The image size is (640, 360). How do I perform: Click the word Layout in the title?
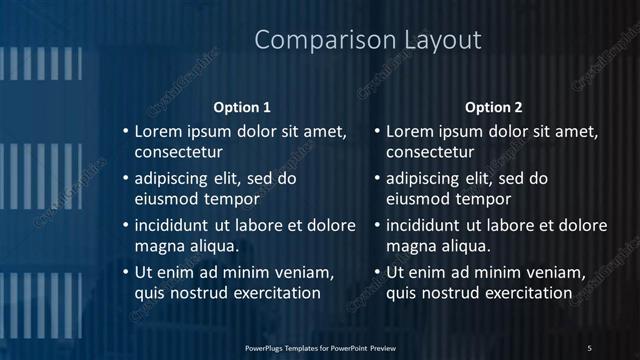tap(436, 41)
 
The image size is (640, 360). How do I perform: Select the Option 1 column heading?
tap(242, 107)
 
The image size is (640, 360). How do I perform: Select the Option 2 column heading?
tap(494, 107)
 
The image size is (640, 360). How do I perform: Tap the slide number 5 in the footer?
tap(590, 347)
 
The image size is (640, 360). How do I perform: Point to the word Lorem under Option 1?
tap(159, 131)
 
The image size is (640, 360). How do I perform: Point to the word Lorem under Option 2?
tap(410, 131)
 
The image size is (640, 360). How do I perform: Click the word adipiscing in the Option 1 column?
tap(176, 179)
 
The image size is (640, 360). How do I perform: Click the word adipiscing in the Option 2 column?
tap(427, 179)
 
